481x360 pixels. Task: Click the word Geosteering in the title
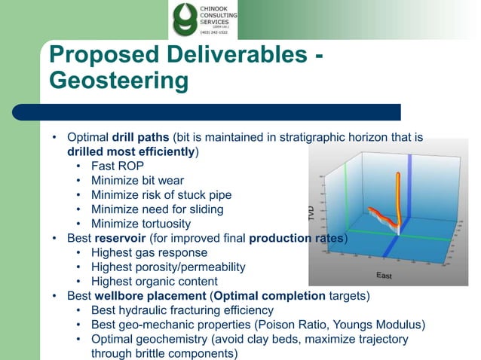[118, 79]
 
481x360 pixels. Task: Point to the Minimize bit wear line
[137, 180]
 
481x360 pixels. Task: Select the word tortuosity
[164, 223]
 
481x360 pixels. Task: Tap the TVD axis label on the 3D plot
[311, 212]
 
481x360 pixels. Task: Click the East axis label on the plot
[384, 276]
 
